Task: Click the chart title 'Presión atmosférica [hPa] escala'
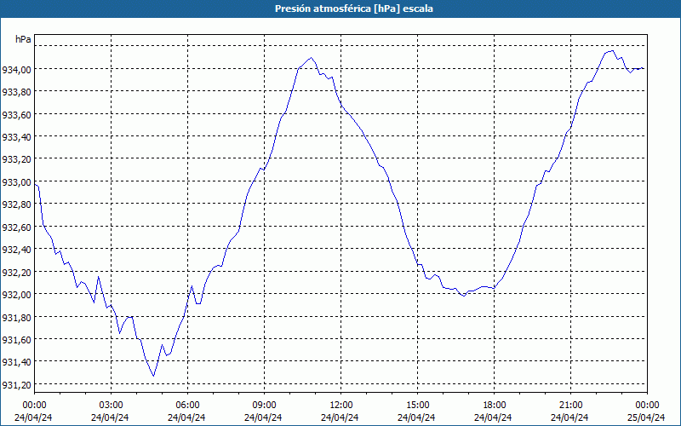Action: (x=340, y=9)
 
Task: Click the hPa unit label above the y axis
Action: (x=23, y=39)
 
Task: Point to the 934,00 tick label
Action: (x=16, y=69)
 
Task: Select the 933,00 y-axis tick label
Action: (x=16, y=181)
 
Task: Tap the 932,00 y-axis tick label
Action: (x=16, y=294)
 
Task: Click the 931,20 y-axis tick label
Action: (x=16, y=384)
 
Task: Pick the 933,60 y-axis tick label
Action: (x=16, y=114)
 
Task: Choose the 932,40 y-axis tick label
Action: (x=16, y=250)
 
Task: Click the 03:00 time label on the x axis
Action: (x=111, y=405)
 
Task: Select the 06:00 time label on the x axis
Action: (x=187, y=405)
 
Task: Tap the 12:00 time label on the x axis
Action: (x=340, y=405)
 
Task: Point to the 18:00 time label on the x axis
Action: (x=494, y=405)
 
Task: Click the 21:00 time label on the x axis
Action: (x=570, y=405)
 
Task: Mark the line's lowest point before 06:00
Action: (x=153, y=376)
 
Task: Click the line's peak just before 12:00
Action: (x=312, y=58)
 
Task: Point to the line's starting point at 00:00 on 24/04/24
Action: (x=35, y=183)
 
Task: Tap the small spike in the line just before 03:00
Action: (x=99, y=276)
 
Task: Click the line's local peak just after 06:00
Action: (x=192, y=286)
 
